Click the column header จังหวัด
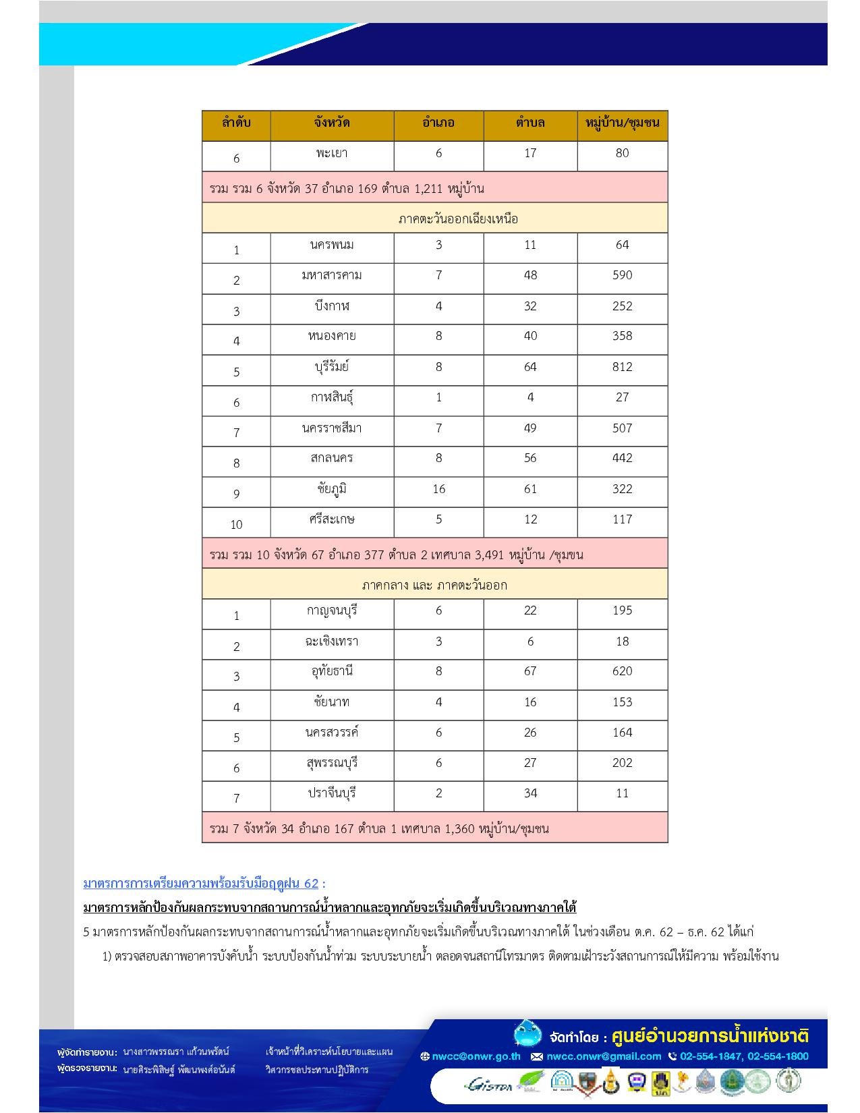coord(332,123)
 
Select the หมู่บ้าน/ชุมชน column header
coord(622,123)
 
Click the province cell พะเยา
coord(332,153)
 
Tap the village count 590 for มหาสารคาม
coord(622,275)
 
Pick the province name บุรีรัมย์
coord(332,367)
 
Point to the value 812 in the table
coord(622,367)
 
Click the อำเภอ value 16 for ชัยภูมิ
coord(438,489)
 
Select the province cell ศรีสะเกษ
coord(332,519)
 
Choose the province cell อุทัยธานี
coord(332,671)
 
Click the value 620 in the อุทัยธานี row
coord(622,671)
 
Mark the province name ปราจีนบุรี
coord(332,793)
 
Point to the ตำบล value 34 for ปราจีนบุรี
coord(530,793)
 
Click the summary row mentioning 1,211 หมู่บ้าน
coord(347,188)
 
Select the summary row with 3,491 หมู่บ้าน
coord(396,555)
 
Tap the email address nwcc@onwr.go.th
coord(476,1056)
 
